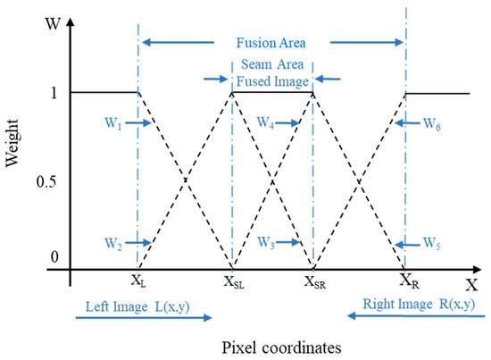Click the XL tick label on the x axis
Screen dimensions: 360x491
click(x=139, y=280)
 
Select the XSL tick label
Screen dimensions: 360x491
click(x=235, y=280)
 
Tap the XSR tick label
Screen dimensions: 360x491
click(x=314, y=280)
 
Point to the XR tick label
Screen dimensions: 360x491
click(x=408, y=280)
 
